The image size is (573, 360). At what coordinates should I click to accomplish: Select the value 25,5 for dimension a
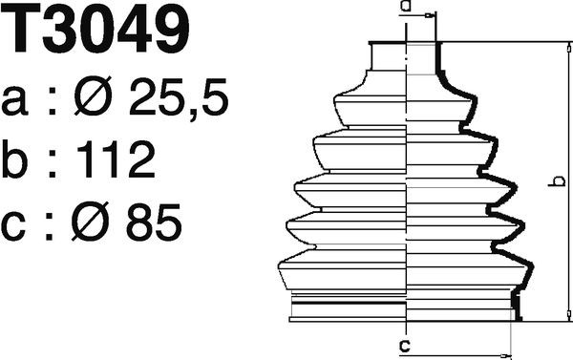tap(178, 96)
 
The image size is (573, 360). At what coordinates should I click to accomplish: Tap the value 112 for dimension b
tap(117, 159)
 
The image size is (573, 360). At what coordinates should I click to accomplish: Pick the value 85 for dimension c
tap(154, 222)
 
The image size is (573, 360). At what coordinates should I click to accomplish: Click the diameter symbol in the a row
tap(93, 96)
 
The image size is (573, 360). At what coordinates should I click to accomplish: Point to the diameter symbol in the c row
tap(91, 222)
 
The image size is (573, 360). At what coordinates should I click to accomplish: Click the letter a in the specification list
tap(14, 101)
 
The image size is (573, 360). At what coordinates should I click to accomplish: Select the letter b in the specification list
tap(14, 159)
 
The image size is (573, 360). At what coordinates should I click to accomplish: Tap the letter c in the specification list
tap(13, 226)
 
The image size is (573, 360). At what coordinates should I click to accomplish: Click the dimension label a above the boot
tap(405, 5)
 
